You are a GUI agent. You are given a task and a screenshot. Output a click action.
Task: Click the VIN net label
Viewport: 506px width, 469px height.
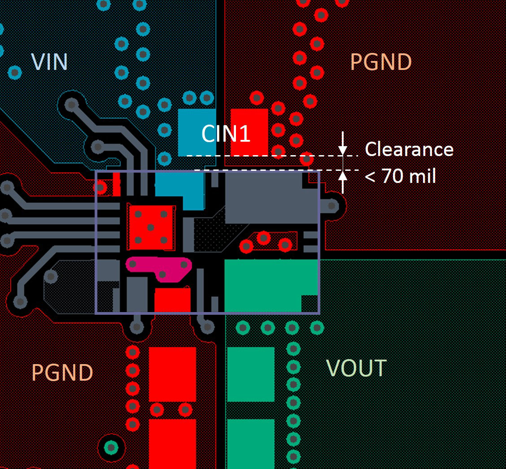49,61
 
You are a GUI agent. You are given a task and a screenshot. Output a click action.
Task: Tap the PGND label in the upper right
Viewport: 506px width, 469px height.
381,61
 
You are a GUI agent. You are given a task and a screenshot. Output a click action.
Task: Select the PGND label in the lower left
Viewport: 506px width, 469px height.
62,373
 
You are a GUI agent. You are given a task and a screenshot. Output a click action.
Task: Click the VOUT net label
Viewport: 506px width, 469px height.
356,368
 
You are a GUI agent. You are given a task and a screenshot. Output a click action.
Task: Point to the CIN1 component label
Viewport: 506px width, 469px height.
226,134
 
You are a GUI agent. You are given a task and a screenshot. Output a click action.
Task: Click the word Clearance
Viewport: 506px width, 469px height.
409,149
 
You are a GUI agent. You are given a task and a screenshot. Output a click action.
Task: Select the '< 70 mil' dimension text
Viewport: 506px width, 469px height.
400,176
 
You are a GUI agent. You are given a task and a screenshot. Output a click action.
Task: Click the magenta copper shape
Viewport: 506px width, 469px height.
159,269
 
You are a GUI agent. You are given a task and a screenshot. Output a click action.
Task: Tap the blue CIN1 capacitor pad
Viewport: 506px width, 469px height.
197,132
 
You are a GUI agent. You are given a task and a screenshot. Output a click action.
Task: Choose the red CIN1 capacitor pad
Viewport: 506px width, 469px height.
249,132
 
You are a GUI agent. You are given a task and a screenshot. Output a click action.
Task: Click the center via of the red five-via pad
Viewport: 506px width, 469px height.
150,227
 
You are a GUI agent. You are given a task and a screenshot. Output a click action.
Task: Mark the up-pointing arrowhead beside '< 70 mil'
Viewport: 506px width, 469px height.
343,175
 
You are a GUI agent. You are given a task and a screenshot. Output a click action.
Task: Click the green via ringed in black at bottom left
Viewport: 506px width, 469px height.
111,448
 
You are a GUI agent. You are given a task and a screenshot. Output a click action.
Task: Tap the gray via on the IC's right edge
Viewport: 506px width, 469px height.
332,205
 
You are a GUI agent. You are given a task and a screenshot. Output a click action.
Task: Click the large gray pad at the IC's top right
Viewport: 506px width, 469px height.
271,198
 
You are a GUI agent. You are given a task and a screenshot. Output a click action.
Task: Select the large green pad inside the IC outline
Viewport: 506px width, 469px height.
271,286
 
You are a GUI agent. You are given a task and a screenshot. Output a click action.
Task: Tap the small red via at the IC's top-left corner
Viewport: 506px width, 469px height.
100,187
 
